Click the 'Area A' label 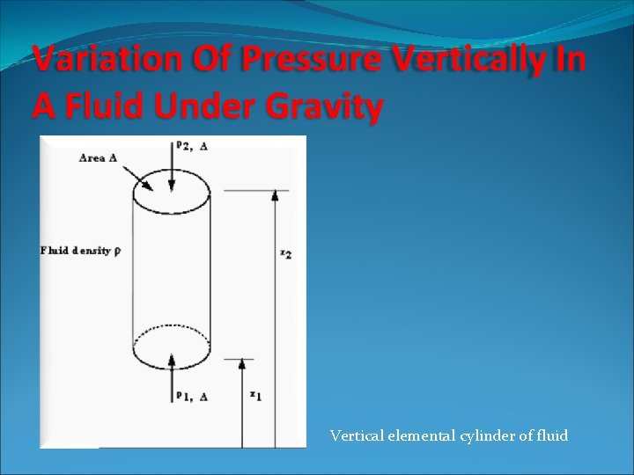point(98,158)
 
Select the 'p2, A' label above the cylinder point(193,146)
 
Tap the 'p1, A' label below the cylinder point(192,397)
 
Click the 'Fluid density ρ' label point(80,251)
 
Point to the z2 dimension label point(286,254)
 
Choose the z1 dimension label point(254,395)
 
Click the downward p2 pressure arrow point(172,167)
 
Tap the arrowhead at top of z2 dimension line point(275,195)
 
